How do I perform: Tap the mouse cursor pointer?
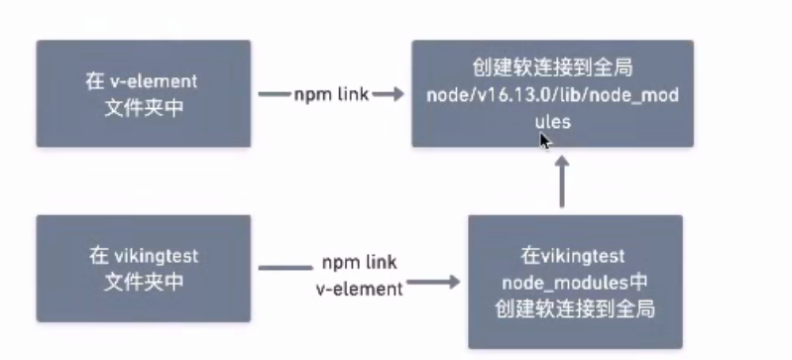[544, 142]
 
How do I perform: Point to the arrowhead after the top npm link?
[394, 94]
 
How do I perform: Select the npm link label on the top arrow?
[331, 94]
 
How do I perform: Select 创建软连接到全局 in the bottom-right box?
[575, 307]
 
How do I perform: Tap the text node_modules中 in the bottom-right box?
[575, 283]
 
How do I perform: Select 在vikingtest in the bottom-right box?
[575, 258]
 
